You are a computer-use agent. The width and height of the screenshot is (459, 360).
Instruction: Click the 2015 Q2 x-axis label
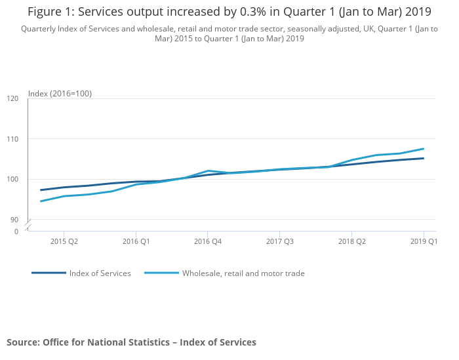click(x=64, y=241)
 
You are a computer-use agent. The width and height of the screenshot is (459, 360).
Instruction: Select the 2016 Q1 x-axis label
click(x=136, y=241)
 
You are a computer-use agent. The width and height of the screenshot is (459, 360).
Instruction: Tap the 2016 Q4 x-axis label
click(x=208, y=241)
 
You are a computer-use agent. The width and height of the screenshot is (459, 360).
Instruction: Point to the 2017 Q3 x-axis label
click(x=280, y=241)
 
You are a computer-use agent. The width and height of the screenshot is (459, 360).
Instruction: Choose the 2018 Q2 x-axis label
click(x=352, y=241)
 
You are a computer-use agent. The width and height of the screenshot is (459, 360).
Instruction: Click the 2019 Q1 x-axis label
click(x=424, y=241)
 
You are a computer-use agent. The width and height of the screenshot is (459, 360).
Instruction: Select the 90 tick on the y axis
click(x=14, y=220)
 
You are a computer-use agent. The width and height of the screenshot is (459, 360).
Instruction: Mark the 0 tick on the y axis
click(x=16, y=231)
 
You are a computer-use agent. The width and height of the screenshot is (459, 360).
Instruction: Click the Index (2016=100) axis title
click(x=60, y=94)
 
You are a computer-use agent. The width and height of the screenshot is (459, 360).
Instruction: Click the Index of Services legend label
click(x=100, y=273)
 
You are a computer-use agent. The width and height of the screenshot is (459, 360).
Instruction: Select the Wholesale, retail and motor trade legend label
click(x=243, y=273)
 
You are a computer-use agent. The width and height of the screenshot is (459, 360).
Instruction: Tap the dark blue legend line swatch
click(x=49, y=273)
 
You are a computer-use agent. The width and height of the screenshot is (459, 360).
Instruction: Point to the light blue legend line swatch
click(x=161, y=273)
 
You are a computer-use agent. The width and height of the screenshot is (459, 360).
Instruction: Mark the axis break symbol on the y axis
click(x=28, y=226)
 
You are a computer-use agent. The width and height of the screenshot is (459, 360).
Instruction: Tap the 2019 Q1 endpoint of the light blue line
click(x=424, y=149)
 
